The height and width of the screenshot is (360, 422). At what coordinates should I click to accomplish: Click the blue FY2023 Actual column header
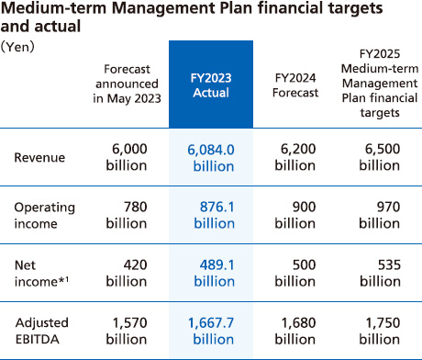click(x=210, y=85)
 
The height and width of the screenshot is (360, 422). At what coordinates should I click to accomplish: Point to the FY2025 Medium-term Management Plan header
click(x=379, y=85)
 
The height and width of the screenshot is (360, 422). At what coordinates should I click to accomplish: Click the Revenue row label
click(x=39, y=157)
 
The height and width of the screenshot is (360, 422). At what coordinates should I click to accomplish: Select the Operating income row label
click(x=44, y=214)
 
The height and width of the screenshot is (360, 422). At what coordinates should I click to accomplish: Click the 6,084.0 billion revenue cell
click(x=210, y=157)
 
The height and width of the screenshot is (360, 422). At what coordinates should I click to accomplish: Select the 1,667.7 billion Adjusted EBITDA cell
click(x=210, y=329)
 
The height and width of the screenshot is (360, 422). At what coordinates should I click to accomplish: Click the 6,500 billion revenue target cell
click(x=379, y=157)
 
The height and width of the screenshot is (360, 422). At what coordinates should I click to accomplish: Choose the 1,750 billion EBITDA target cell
click(x=379, y=329)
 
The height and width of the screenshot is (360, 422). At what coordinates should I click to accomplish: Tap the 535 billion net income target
click(x=379, y=272)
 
